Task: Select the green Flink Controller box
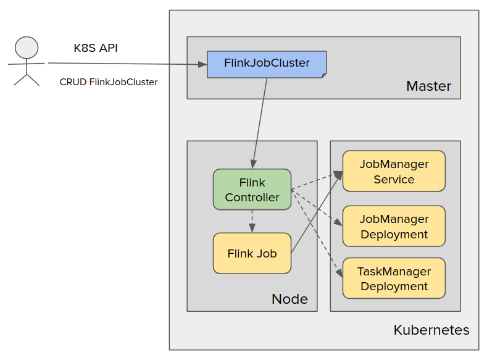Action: [252, 190]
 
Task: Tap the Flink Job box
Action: [252, 253]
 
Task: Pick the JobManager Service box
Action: [394, 171]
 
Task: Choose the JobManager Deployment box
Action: [394, 226]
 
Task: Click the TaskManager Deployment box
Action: [394, 278]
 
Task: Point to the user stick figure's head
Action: [27, 48]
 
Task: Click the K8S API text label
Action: [96, 48]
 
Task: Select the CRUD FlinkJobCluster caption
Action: [109, 82]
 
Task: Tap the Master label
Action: [428, 86]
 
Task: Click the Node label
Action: [289, 299]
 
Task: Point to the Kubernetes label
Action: [431, 330]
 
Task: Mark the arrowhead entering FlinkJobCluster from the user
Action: [202, 64]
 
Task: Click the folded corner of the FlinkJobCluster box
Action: [323, 74]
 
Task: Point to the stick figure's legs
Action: [26, 78]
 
